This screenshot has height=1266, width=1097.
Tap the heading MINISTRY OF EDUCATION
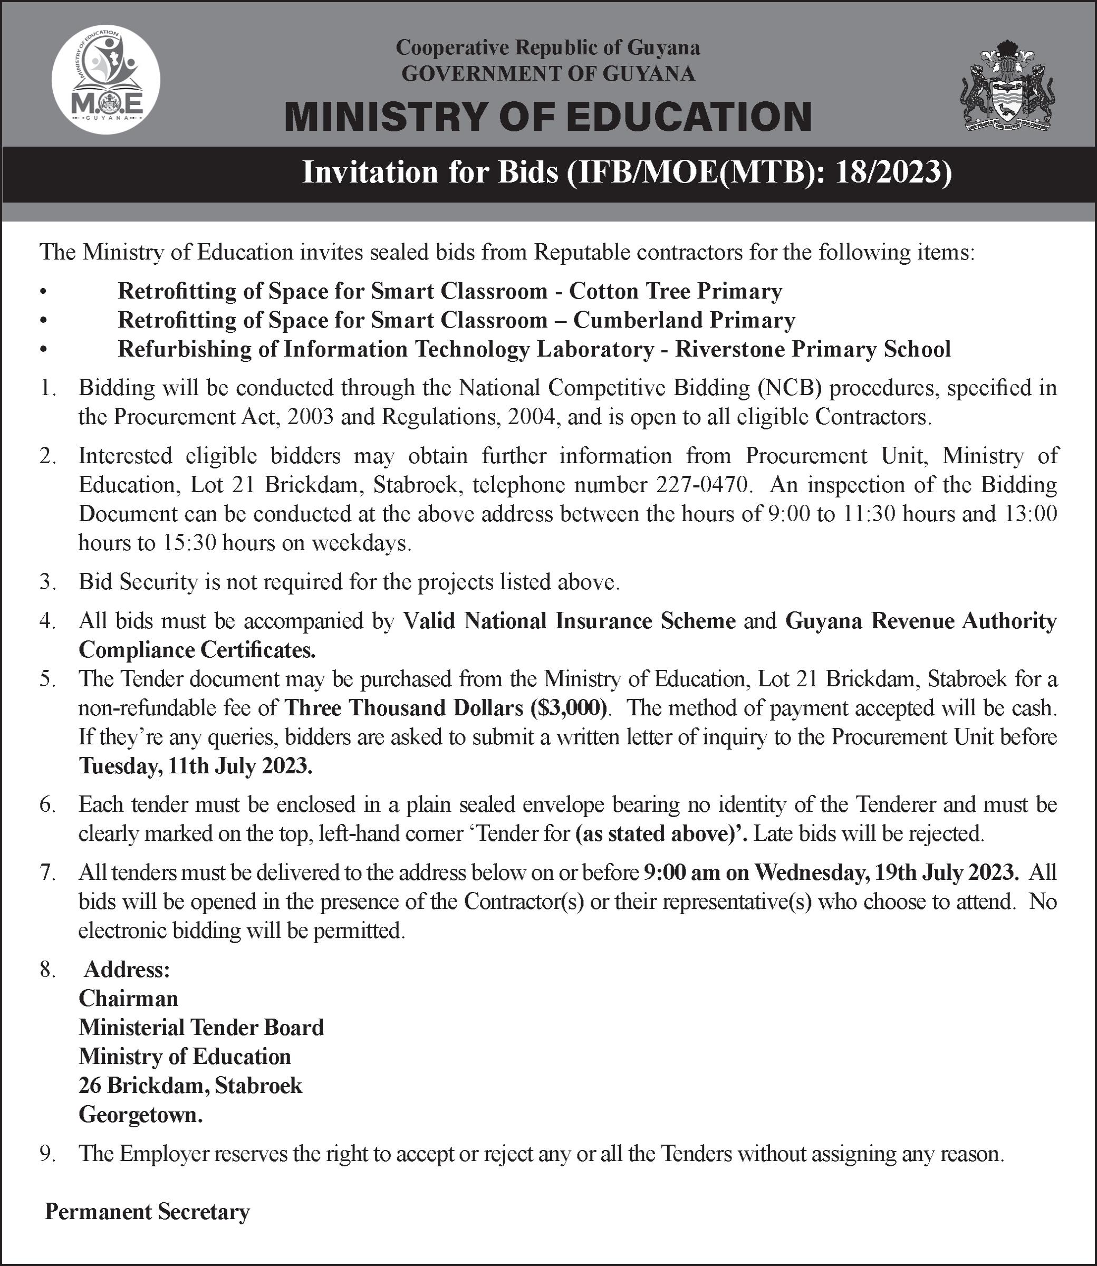click(548, 117)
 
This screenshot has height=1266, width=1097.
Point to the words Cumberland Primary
click(684, 320)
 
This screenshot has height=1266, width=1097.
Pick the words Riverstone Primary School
click(813, 349)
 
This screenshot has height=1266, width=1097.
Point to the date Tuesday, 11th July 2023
click(195, 766)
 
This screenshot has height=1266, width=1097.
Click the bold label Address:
click(127, 970)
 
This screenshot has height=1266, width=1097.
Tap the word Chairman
click(129, 999)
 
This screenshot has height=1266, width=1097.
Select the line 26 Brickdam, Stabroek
click(190, 1086)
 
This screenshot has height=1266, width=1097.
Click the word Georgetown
click(141, 1115)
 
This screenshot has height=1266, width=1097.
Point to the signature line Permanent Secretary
click(148, 1212)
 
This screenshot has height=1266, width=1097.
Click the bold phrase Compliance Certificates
click(197, 649)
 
